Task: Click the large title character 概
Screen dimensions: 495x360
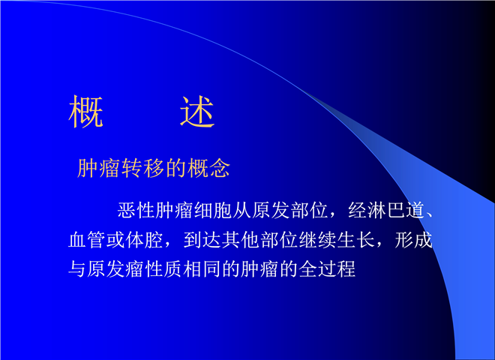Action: [x=85, y=112]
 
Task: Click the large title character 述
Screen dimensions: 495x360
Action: [x=197, y=112]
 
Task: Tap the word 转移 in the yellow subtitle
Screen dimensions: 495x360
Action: [x=132, y=168]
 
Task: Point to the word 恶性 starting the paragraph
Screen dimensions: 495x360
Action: [x=136, y=210]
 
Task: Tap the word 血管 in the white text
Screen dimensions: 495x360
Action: [x=87, y=240]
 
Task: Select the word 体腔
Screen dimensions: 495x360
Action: [x=145, y=240]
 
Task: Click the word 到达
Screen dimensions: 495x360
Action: [x=202, y=240]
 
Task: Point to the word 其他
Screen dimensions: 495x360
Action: [x=241, y=240]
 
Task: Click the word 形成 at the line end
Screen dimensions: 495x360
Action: [x=413, y=240]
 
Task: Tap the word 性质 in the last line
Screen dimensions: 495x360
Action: [x=163, y=269]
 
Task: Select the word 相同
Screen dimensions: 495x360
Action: [x=202, y=269]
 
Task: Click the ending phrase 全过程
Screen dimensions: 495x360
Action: [x=327, y=269]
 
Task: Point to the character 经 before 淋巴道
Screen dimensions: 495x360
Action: [x=358, y=210]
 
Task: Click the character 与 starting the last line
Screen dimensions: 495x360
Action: [x=78, y=269]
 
